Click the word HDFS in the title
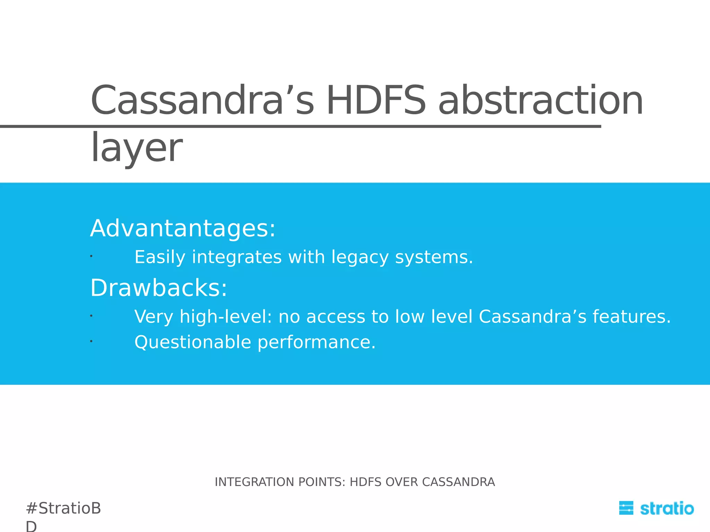click(376, 101)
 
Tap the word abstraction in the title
click(541, 101)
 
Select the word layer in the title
click(136, 148)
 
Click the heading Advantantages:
click(183, 229)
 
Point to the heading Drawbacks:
click(159, 288)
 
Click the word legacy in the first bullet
click(360, 257)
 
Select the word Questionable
click(192, 343)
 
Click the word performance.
click(317, 343)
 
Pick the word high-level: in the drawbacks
click(226, 317)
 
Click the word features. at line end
click(632, 317)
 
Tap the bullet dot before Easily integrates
click(91, 256)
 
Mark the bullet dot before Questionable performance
click(91, 342)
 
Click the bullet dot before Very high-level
click(91, 316)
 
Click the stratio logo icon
click(626, 508)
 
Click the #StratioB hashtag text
click(63, 508)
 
